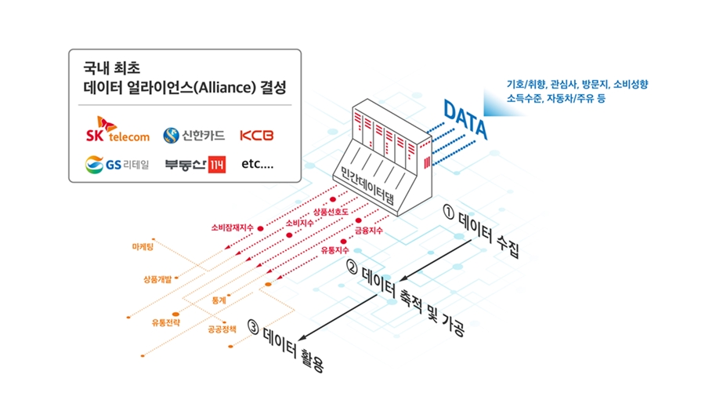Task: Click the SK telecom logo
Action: click(117, 133)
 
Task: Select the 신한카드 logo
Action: click(193, 136)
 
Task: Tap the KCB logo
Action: click(257, 136)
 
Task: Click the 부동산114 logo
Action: click(194, 165)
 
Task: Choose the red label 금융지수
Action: click(368, 231)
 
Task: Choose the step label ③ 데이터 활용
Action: click(285, 345)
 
